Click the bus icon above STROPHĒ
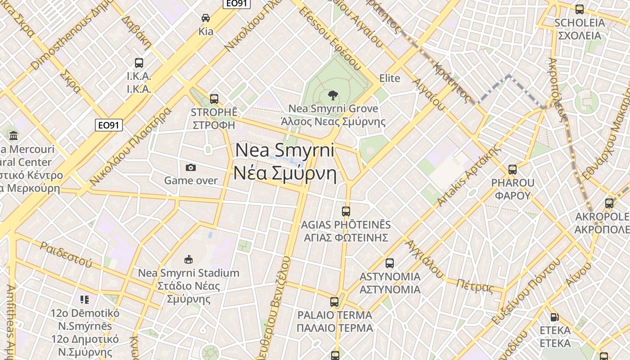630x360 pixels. tap(214, 99)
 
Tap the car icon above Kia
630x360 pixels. tap(206, 18)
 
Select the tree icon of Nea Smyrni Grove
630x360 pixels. tap(333, 95)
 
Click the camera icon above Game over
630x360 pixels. tap(191, 167)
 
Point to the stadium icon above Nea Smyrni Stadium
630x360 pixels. tap(189, 260)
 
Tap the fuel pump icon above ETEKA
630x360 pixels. tap(555, 317)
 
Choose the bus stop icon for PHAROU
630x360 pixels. tap(512, 170)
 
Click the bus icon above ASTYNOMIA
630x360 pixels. tap(390, 263)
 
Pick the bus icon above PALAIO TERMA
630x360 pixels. tap(334, 302)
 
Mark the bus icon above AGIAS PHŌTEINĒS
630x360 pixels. tap(346, 211)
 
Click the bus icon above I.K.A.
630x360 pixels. tap(139, 63)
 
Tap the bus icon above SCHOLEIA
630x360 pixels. tap(580, 9)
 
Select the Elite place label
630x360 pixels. tap(390, 78)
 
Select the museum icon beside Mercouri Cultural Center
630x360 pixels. tap(13, 135)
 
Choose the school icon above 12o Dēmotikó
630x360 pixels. tap(85, 299)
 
